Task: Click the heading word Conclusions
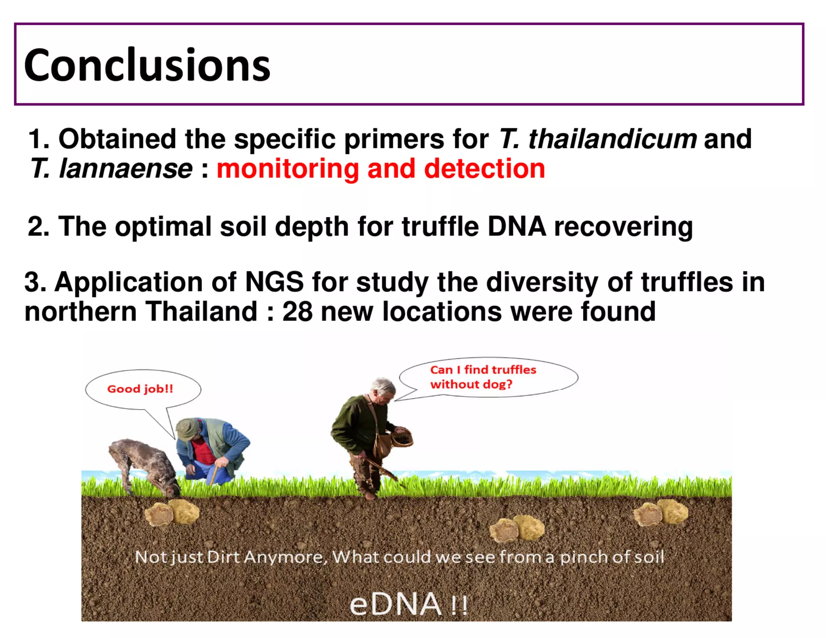click(147, 65)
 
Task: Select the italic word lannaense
click(126, 168)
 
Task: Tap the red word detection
click(484, 168)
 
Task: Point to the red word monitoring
click(288, 169)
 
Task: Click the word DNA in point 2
click(516, 227)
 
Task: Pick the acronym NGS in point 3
click(274, 282)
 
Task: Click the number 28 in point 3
click(297, 312)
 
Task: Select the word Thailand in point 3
click(201, 312)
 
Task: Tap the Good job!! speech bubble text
click(140, 389)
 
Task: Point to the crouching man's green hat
click(187, 428)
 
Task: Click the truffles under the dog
click(172, 513)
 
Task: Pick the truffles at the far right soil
click(661, 513)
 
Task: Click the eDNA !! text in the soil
click(408, 604)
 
